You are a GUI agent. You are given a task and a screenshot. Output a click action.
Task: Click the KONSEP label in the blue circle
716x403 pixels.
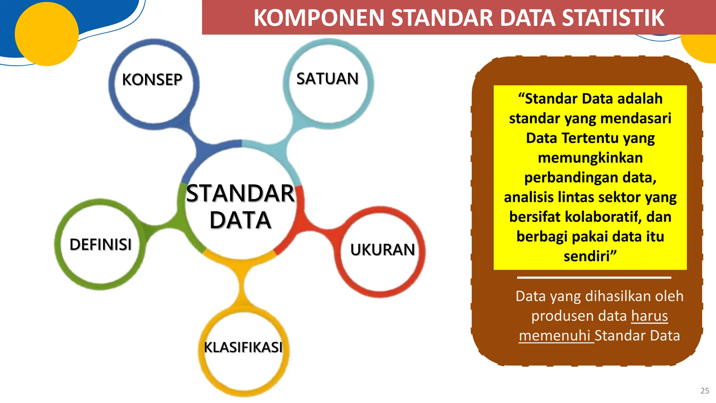point(152,80)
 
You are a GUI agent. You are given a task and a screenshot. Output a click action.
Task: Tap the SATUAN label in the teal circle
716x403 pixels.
point(328,79)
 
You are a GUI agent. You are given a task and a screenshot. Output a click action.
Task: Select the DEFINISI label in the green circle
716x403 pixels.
point(101,244)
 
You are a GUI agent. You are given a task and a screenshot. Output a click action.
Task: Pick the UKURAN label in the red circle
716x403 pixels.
point(382,250)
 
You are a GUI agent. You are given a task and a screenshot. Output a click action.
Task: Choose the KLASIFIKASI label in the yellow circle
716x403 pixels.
point(243,347)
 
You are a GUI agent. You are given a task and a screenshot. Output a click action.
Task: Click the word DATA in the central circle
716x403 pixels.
point(241,220)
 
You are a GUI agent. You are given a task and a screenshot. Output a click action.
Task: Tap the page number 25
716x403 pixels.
point(705,391)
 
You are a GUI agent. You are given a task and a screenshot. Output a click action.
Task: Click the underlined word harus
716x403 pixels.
point(650,316)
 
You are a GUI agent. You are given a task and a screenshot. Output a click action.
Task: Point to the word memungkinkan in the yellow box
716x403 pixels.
point(590,158)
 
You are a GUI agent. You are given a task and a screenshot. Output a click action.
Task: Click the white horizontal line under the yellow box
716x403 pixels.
point(594,278)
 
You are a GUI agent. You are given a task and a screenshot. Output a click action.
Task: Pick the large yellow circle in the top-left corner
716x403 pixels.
point(46,34)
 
